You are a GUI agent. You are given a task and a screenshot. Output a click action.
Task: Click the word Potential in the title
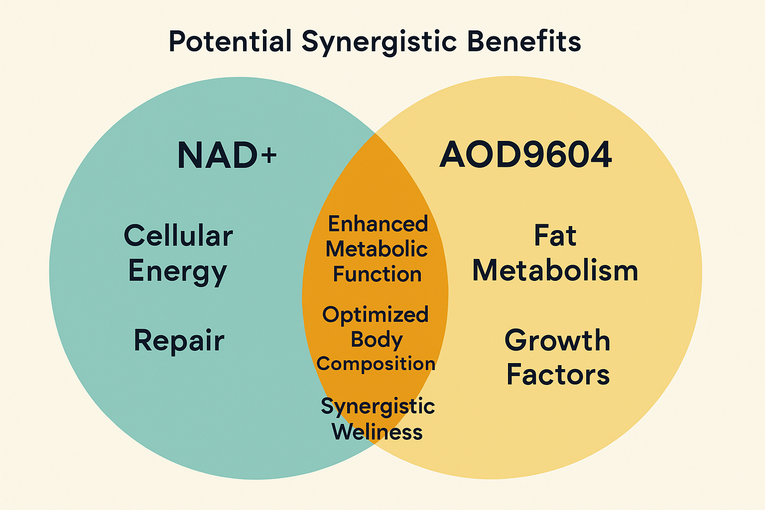[230, 41]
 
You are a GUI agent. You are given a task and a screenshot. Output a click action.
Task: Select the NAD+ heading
[227, 155]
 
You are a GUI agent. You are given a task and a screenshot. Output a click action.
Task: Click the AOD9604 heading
[525, 154]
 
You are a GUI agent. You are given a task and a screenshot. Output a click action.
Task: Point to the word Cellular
[178, 236]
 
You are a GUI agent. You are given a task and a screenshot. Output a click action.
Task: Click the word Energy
[178, 271]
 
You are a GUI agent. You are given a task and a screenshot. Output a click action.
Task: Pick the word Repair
[179, 341]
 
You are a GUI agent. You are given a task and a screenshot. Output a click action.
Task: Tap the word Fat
[555, 236]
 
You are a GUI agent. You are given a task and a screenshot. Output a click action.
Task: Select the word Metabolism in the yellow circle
[555, 271]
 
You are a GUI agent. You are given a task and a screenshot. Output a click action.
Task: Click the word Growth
[557, 341]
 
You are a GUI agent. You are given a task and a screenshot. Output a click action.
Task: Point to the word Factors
[558, 375]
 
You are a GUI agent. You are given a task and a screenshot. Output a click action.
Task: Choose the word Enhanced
[378, 224]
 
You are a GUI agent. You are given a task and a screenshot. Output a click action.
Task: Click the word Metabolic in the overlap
[377, 249]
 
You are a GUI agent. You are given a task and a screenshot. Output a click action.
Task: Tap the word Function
[377, 274]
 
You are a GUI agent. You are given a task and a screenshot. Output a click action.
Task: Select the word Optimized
[376, 315]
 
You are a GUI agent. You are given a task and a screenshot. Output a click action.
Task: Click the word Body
[377, 340]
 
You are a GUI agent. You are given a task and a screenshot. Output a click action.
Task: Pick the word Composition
[376, 364]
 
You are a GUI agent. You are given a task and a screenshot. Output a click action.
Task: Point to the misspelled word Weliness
[377, 432]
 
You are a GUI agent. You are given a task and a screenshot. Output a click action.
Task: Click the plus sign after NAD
[269, 155]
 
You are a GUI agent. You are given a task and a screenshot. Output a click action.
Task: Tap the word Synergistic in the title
[379, 41]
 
